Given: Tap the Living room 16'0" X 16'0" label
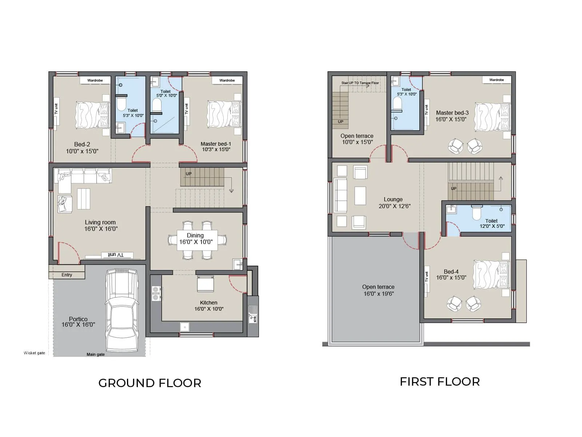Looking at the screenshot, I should coord(101,225).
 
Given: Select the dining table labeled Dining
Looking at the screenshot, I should coord(197,240).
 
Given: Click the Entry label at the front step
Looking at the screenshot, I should coord(67,275).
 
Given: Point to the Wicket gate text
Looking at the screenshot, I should coord(34,353).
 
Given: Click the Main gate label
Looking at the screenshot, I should coord(95,354).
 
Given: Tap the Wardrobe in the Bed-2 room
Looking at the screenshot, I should coord(95,80).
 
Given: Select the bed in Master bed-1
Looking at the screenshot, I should coord(224,114).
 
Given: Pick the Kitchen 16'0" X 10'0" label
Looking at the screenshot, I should coord(209,306).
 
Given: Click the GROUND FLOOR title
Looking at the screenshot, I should coord(150,383).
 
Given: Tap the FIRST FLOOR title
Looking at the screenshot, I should coord(439,382).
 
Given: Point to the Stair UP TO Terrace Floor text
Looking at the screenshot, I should coord(360,83).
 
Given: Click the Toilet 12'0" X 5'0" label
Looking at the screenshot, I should coord(491,223).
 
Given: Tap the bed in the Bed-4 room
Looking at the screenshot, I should coord(491,274).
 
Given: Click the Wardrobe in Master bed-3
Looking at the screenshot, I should coord(497,80).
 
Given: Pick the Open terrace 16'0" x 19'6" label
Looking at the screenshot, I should coord(378,290).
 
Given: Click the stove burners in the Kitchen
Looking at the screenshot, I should coord(156,293).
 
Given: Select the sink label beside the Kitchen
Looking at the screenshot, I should coord(255,319).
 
